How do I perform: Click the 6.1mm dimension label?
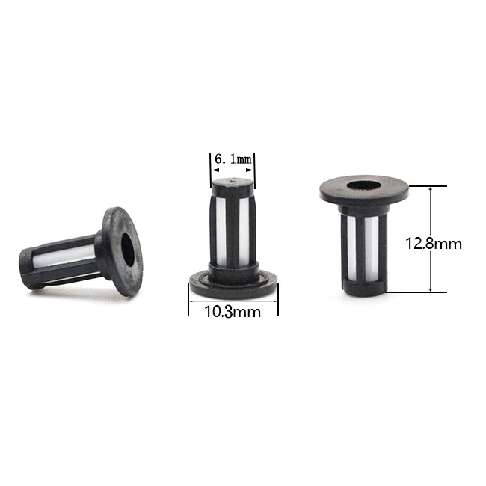pyautogui.click(x=233, y=159)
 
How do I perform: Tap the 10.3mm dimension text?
pyautogui.click(x=233, y=312)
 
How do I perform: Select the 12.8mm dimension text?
pyautogui.click(x=434, y=244)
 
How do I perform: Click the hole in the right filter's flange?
pyautogui.click(x=364, y=185)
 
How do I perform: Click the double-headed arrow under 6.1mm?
pyautogui.click(x=233, y=170)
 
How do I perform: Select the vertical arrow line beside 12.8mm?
pyautogui.click(x=430, y=239)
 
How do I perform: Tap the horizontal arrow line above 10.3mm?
pyautogui.click(x=233, y=301)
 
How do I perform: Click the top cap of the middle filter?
pyautogui.click(x=233, y=183)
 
